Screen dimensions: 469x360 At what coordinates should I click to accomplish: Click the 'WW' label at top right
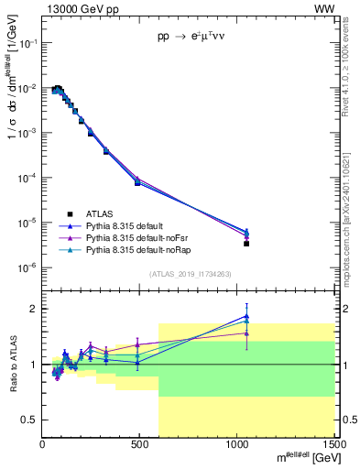pos(324,8)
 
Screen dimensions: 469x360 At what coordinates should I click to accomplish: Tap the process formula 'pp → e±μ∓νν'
pos(190,41)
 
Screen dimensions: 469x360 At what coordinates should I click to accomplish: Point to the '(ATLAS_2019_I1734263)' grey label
pos(190,273)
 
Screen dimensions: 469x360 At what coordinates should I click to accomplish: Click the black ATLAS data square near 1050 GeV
pos(246,244)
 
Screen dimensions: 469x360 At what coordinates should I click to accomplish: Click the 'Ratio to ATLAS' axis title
pos(13,365)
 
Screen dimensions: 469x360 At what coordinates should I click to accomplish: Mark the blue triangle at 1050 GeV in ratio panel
pos(246,316)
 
